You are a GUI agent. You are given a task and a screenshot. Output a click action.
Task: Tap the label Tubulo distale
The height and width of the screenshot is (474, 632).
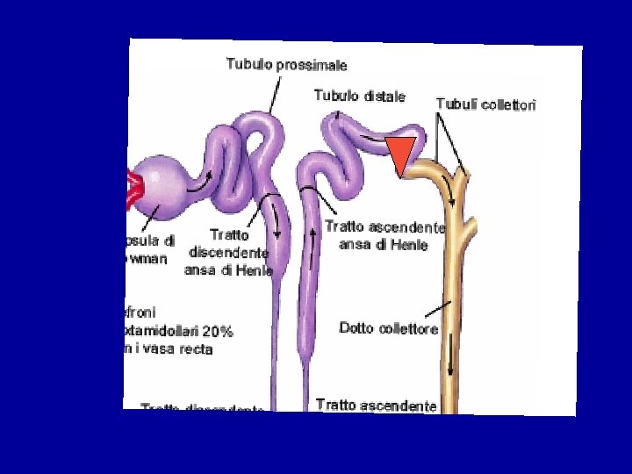[x=360, y=96]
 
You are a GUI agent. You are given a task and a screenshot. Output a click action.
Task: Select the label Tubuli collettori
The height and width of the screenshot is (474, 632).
[x=485, y=104]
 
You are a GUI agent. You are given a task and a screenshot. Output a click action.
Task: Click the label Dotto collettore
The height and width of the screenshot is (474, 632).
[x=388, y=328]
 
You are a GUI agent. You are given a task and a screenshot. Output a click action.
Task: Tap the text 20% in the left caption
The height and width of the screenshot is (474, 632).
[x=218, y=332]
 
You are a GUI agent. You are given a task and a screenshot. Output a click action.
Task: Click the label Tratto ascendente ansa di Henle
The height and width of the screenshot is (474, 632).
[x=384, y=235]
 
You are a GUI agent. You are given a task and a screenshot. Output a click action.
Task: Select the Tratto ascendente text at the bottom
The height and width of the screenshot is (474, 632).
[x=376, y=405]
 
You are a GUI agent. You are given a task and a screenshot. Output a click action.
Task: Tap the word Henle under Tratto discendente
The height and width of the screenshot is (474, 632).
[x=254, y=270]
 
